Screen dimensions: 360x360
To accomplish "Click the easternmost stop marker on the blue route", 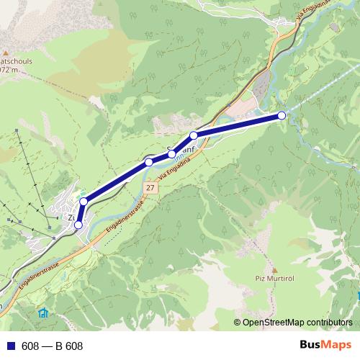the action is [282, 115].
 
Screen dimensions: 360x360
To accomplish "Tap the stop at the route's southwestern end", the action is [78, 225].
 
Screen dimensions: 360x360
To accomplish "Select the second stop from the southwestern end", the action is [84, 201].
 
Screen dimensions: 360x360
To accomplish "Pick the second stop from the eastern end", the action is [194, 135].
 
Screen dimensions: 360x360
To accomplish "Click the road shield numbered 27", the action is [149, 187].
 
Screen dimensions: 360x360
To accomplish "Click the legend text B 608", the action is [69, 346].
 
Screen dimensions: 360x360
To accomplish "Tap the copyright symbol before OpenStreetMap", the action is [238, 323].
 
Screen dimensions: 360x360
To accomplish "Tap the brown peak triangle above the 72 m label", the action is [4, 53].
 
